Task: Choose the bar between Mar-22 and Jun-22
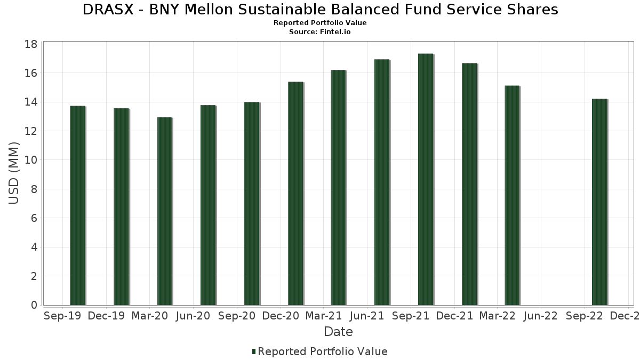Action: [x=512, y=195]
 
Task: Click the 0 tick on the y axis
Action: [x=34, y=305]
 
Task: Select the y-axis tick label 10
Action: [x=31, y=160]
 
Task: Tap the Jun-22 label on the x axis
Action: [x=540, y=316]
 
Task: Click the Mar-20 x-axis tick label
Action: [x=149, y=316]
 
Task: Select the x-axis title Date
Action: [x=338, y=332]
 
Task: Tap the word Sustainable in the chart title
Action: [x=302, y=10]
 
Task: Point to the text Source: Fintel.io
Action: [x=320, y=32]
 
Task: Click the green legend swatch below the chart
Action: [x=254, y=351]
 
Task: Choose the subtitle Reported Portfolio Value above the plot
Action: [x=320, y=23]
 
